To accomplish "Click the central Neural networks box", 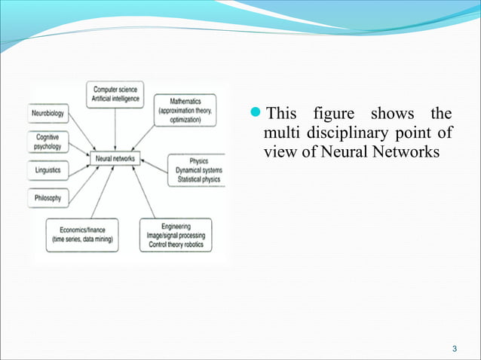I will click(x=115, y=159).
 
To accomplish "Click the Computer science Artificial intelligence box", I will click(x=115, y=91).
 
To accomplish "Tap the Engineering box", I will click(x=176, y=235).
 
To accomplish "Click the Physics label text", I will click(x=198, y=161).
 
